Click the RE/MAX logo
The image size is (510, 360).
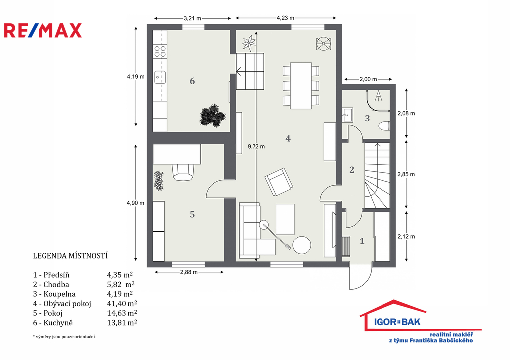coord(43,30)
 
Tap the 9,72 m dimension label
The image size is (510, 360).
coord(256,147)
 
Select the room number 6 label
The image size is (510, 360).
coord(192,81)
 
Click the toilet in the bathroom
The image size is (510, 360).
coord(384,126)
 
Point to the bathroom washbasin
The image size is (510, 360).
coord(347,115)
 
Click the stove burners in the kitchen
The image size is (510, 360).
coord(160,51)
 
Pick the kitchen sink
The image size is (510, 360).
coord(160,77)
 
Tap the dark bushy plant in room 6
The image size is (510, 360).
coord(212,116)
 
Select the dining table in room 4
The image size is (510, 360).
coord(301,86)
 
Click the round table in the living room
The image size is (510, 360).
coord(301,245)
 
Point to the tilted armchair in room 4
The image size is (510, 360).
coord(279,182)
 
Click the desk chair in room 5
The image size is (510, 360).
coord(183,172)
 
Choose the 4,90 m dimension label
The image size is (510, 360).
coord(135,203)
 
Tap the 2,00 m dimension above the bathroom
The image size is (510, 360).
coord(368,79)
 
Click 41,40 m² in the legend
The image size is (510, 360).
coord(122,303)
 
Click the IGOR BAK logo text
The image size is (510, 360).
coord(397,322)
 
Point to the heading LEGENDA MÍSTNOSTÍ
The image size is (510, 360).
coord(70,256)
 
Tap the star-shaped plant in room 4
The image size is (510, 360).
coord(249,43)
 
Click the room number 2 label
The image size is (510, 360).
coord(352,170)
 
